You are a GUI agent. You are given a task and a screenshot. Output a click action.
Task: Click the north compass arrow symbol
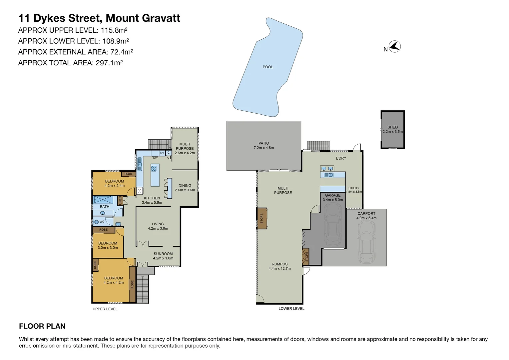point(395,47)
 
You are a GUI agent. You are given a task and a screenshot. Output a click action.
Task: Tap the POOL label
point(267,67)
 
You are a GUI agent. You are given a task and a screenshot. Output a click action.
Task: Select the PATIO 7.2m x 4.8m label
point(263,146)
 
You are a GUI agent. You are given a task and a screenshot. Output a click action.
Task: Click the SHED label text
point(392,127)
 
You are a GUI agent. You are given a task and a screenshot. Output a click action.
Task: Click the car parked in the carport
point(366,242)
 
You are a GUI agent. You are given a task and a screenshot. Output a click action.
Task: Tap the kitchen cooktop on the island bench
point(154,168)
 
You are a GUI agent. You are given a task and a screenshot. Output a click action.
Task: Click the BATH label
point(105,207)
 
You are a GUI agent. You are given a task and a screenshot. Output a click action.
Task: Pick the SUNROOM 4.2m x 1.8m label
point(163,256)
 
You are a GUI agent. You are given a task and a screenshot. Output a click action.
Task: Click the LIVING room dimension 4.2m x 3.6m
point(158,229)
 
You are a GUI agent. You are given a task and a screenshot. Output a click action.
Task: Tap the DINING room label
point(185,186)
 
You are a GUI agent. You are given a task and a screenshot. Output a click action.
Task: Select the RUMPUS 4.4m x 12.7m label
point(279,266)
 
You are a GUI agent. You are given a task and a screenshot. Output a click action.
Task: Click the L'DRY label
point(341,158)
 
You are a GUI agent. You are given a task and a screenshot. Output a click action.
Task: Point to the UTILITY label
point(354,188)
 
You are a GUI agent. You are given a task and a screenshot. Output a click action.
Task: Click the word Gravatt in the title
point(161,18)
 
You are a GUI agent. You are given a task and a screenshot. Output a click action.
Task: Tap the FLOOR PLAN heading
point(42,326)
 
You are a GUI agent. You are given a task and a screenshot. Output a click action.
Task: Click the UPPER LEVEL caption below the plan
point(105,309)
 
